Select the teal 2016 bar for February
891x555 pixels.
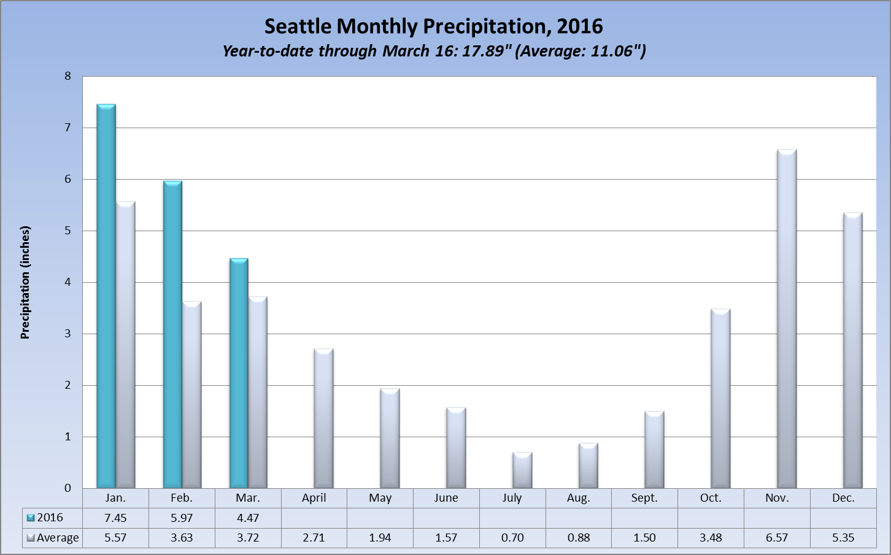(x=172, y=334)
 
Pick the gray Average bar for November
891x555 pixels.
(x=787, y=319)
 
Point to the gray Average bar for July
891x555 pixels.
(x=522, y=470)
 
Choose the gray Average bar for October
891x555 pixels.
(x=720, y=399)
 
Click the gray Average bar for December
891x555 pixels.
(x=853, y=350)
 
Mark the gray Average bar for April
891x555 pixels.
(x=323, y=418)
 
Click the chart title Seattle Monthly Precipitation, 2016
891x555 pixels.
(x=433, y=26)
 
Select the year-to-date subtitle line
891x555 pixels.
(x=433, y=51)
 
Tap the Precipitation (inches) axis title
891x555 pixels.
(x=25, y=283)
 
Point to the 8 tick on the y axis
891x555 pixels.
(x=68, y=77)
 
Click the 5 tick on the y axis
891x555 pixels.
(x=68, y=231)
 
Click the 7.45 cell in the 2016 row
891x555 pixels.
(x=115, y=518)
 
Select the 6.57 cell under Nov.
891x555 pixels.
(x=777, y=538)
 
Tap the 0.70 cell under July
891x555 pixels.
(x=512, y=538)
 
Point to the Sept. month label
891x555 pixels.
(x=644, y=498)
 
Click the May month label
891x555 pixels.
(x=380, y=498)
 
